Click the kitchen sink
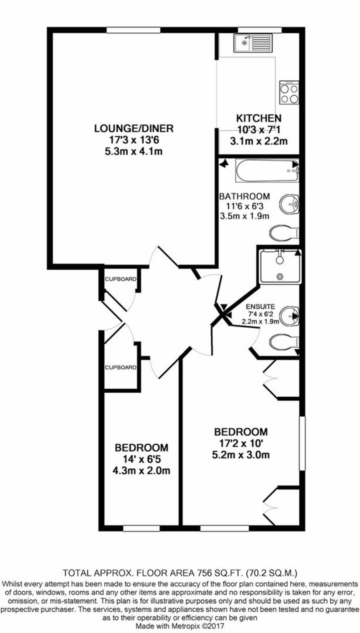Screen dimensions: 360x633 click(x=253, y=43)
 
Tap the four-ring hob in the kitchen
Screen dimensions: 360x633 click(x=289, y=93)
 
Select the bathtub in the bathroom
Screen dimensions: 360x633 click(x=267, y=171)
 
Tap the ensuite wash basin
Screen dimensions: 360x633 click(x=289, y=316)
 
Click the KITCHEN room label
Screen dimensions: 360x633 click(x=259, y=118)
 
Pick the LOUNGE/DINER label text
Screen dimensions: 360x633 click(x=134, y=128)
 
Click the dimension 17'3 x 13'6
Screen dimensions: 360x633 click(x=134, y=140)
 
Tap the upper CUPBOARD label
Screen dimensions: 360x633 click(x=120, y=279)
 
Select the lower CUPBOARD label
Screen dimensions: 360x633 click(x=120, y=368)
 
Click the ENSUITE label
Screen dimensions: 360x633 click(x=260, y=307)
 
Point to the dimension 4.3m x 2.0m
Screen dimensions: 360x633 click(x=141, y=471)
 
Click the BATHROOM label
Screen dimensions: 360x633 click(x=245, y=197)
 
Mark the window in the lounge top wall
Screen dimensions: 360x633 click(x=133, y=30)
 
